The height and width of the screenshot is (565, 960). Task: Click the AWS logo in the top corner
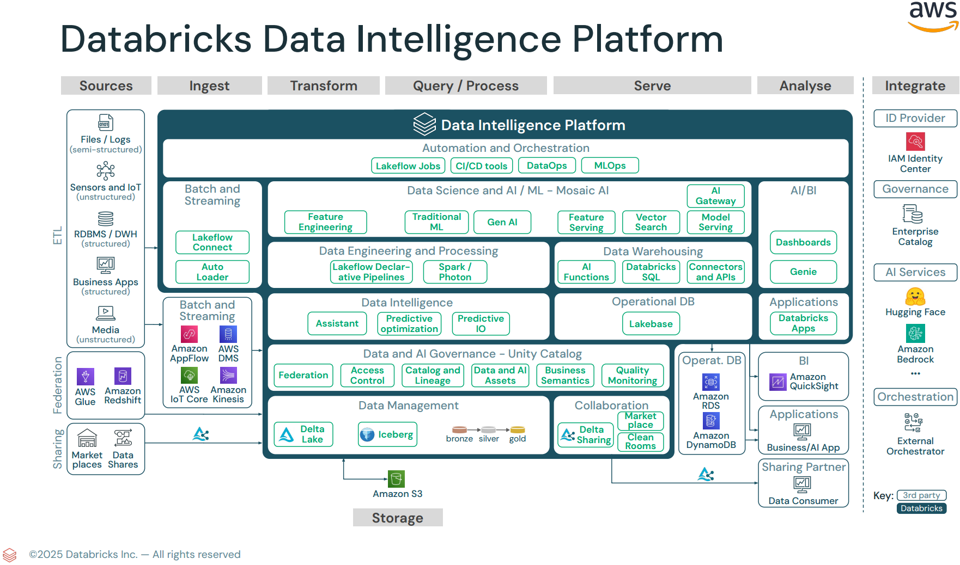point(933,15)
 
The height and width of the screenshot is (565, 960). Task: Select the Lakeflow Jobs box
point(408,166)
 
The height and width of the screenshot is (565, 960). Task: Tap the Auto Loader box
point(212,272)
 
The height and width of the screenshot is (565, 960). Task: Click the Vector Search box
point(651,222)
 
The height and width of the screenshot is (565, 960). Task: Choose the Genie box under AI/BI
point(803,272)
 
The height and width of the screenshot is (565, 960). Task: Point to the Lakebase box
point(651,324)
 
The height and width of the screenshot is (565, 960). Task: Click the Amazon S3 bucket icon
point(396,479)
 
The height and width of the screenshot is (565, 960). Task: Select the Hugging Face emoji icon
point(915,297)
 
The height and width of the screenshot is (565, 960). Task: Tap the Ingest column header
point(209,86)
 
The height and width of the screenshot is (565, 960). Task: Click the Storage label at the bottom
point(397,518)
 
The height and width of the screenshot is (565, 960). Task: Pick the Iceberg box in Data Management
point(387,434)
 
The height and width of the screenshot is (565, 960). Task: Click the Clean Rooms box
point(640,441)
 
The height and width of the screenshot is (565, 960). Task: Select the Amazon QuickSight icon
point(777,382)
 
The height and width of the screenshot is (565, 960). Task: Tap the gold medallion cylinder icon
point(518,430)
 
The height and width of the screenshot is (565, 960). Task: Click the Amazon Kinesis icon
point(228,376)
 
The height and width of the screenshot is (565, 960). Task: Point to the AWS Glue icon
point(85,376)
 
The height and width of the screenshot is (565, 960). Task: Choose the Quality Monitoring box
point(632,375)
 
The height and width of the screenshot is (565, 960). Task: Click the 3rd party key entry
point(921,495)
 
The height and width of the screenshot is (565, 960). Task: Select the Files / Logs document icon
point(106,122)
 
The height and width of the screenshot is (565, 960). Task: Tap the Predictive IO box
point(480,323)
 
